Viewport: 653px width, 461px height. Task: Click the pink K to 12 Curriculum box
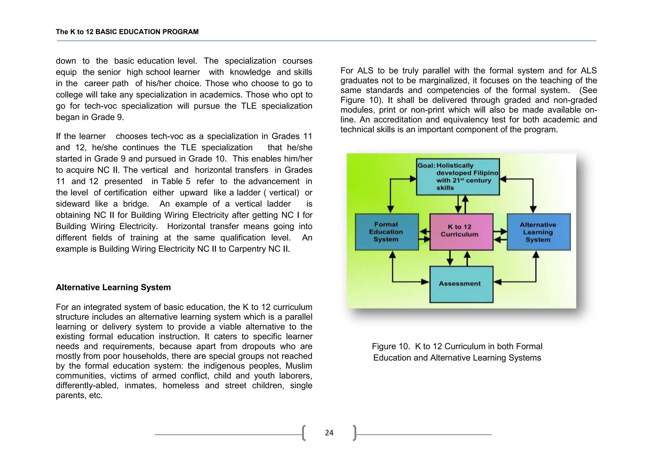(x=461, y=232)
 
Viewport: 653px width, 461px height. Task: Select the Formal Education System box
(x=386, y=232)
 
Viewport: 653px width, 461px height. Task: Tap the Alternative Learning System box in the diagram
(x=538, y=232)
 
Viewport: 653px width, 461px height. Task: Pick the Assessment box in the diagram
(x=461, y=284)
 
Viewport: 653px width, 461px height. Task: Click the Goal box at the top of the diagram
(x=458, y=177)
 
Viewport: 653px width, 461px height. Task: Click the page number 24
(x=329, y=433)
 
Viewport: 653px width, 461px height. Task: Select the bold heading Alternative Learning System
(x=113, y=287)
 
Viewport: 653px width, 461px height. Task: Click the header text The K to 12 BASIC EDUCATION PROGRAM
(x=127, y=32)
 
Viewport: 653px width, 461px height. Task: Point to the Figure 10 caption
(x=457, y=352)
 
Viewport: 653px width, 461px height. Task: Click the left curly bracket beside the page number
(x=304, y=433)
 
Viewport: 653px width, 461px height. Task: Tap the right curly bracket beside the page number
(x=355, y=433)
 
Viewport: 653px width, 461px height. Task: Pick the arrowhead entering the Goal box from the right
(x=503, y=179)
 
